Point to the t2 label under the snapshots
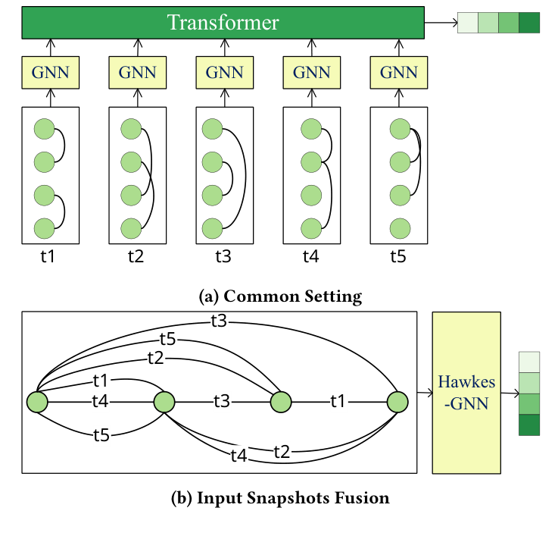tap(136, 257)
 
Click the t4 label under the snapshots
tap(310, 257)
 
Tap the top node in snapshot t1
tap(45, 130)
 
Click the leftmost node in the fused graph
tap(37, 402)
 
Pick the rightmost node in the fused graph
tap(398, 402)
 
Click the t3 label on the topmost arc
tap(219, 321)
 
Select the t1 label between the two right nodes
tap(338, 402)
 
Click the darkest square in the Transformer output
tap(529, 23)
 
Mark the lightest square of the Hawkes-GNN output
tap(529, 362)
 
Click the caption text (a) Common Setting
tap(279, 296)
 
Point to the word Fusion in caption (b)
tap(365, 498)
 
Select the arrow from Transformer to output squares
tap(441, 23)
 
